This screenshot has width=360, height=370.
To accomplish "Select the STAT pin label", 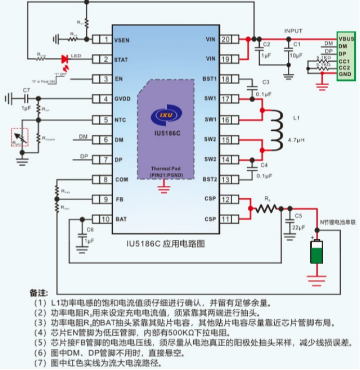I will point(121,60).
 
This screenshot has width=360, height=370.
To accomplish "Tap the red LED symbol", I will point(65,59).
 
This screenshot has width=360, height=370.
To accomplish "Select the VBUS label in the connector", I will point(346,39).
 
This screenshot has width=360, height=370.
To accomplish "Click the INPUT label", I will point(293,31).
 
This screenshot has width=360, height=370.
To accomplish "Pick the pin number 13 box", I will point(226,180).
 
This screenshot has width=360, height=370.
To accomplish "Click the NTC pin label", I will point(120,120).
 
